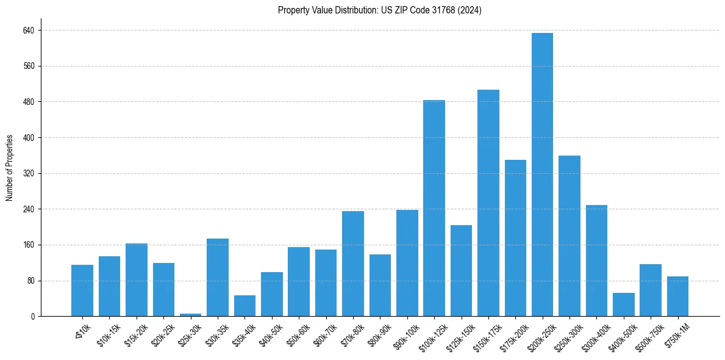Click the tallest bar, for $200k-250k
(542, 175)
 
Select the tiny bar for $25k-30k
(190, 315)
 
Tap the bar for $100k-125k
(434, 208)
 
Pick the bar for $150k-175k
(488, 203)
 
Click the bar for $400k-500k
(623, 304)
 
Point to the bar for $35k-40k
(245, 306)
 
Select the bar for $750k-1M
(677, 297)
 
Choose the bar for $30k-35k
(217, 278)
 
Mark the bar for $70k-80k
(352, 264)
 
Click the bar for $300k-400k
(596, 261)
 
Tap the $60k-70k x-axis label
(324, 335)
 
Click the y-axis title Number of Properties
(10, 168)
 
